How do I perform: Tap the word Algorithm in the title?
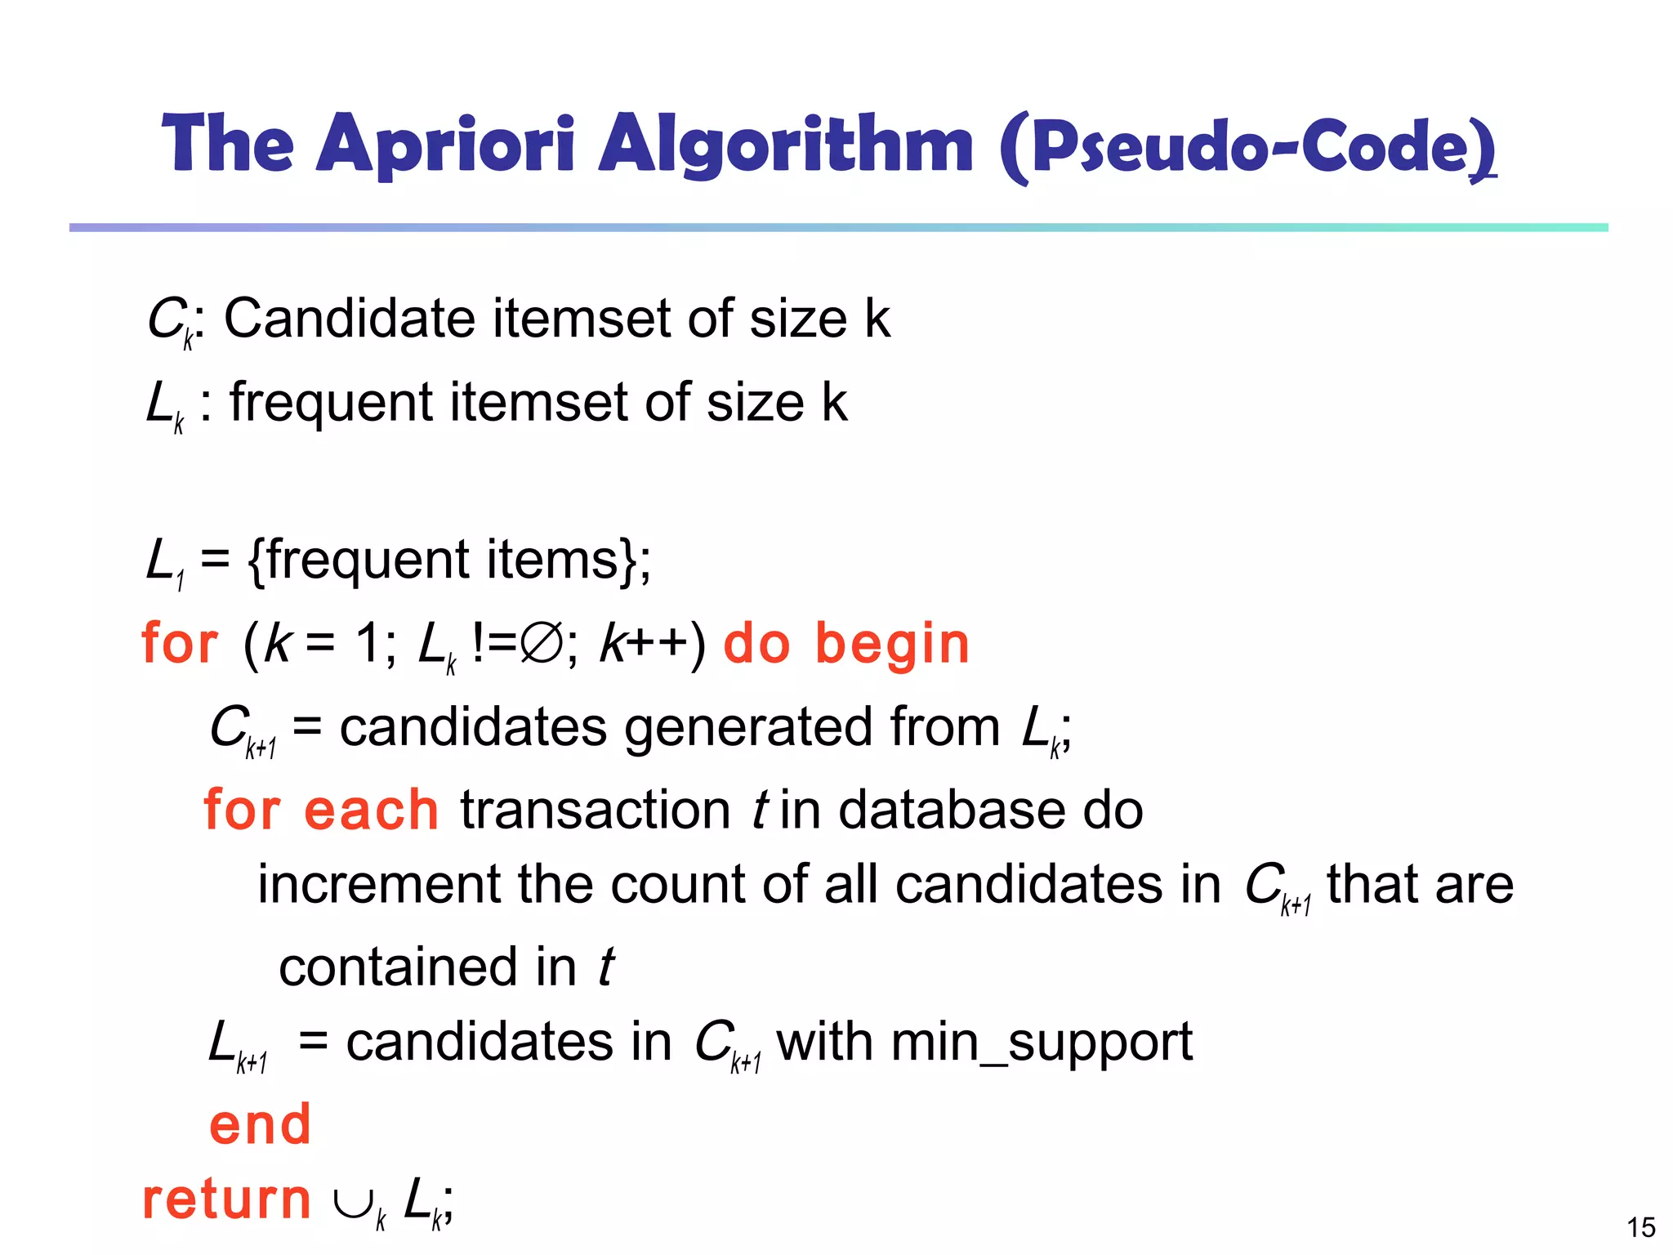point(786,145)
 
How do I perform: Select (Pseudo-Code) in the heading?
point(1247,147)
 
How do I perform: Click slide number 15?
point(1640,1227)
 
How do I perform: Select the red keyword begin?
point(892,644)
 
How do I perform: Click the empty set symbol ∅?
point(542,643)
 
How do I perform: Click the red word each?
point(371,811)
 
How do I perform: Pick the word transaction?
point(596,811)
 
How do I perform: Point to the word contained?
point(399,967)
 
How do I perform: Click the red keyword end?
point(260,1125)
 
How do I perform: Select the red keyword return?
point(226,1200)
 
